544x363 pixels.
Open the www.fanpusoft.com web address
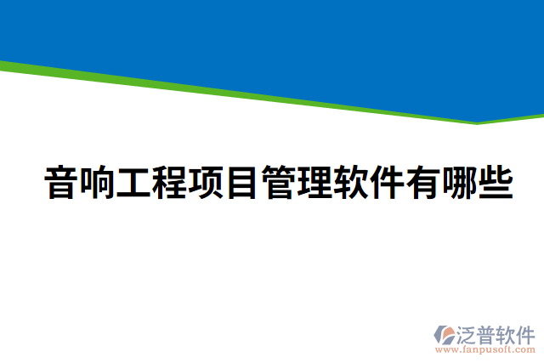(485, 349)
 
